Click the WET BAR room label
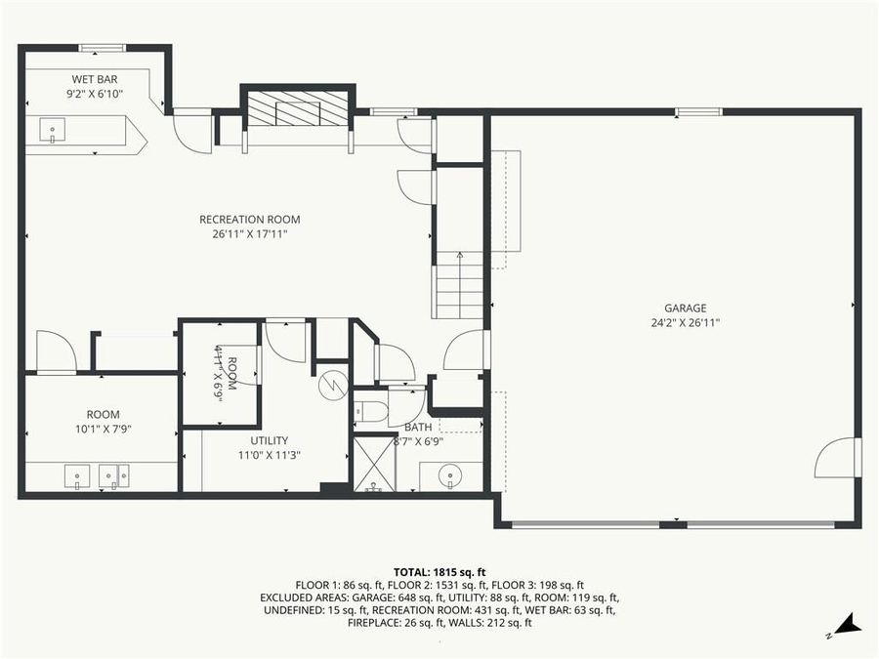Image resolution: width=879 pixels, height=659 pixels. coord(95,79)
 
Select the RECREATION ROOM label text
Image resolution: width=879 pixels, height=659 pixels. coord(249,220)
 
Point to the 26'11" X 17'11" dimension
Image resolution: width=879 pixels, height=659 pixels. coord(249,234)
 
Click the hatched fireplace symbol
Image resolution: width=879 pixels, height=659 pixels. coord(295,107)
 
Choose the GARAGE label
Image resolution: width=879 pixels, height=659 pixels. coord(685,309)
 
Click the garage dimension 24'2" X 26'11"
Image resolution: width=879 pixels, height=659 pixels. coord(685,323)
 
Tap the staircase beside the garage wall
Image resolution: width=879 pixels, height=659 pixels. coord(459,285)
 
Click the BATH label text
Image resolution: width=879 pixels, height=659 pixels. coord(418,427)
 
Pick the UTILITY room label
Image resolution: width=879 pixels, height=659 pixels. coord(269,440)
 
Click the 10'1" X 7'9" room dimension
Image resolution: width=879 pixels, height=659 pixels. coord(103,430)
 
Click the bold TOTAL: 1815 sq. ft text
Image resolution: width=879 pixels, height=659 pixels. coord(439,571)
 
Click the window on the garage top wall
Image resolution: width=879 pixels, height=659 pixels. coord(699,112)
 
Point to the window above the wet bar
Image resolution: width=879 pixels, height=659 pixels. coord(102,47)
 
